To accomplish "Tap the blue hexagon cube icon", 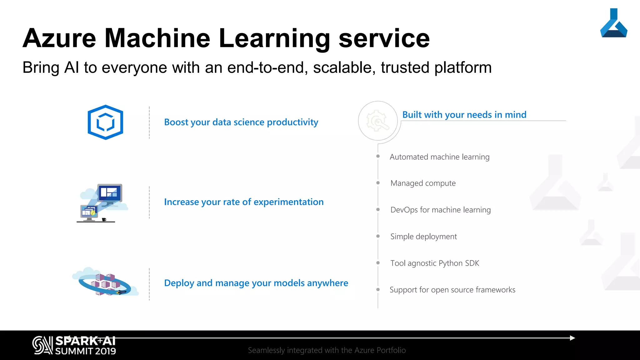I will tap(105, 122).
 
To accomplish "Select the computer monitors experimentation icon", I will tap(102, 203).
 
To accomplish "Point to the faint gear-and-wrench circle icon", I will tap(378, 121).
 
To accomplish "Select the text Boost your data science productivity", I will tap(241, 122).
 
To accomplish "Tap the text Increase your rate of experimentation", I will tap(244, 202).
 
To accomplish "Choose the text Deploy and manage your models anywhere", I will tap(256, 283).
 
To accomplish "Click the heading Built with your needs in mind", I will tap(464, 115).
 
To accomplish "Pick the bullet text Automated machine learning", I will tap(439, 157).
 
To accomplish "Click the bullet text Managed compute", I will tap(423, 183).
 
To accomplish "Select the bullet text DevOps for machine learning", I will tap(440, 210).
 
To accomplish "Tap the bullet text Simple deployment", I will tap(423, 237).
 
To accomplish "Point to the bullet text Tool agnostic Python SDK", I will tap(434, 263).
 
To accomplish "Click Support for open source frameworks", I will tap(452, 290).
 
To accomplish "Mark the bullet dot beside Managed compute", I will tap(378, 183).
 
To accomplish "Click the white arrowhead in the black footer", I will tap(572, 338).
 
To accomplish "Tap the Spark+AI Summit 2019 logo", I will tap(74, 346).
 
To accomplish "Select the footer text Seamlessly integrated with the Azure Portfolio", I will tap(327, 350).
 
